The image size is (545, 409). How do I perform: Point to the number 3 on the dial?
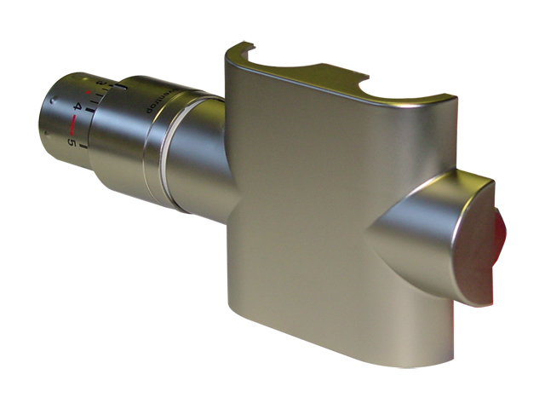click(x=100, y=83)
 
